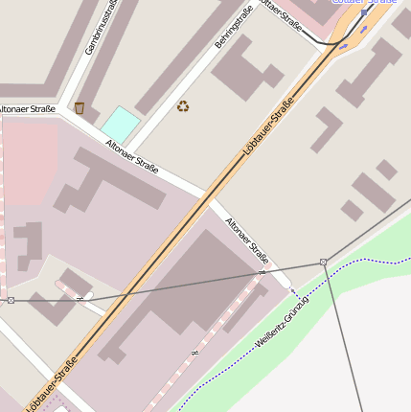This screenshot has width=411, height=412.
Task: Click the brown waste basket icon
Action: pyautogui.click(x=80, y=108)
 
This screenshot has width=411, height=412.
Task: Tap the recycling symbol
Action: pyautogui.click(x=183, y=106)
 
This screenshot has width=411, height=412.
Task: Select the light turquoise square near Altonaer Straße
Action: pyautogui.click(x=120, y=123)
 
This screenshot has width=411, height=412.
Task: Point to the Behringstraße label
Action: pyautogui.click(x=234, y=28)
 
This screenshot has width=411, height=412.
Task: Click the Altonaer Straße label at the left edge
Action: pyautogui.click(x=27, y=110)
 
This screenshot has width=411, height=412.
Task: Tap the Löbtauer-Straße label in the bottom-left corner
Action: pyautogui.click(x=50, y=385)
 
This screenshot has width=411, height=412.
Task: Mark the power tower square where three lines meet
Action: pyautogui.click(x=324, y=262)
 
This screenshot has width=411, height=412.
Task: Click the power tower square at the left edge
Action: pyautogui.click(x=11, y=301)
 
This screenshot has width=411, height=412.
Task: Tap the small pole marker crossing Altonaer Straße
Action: pyautogui.click(x=262, y=273)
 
